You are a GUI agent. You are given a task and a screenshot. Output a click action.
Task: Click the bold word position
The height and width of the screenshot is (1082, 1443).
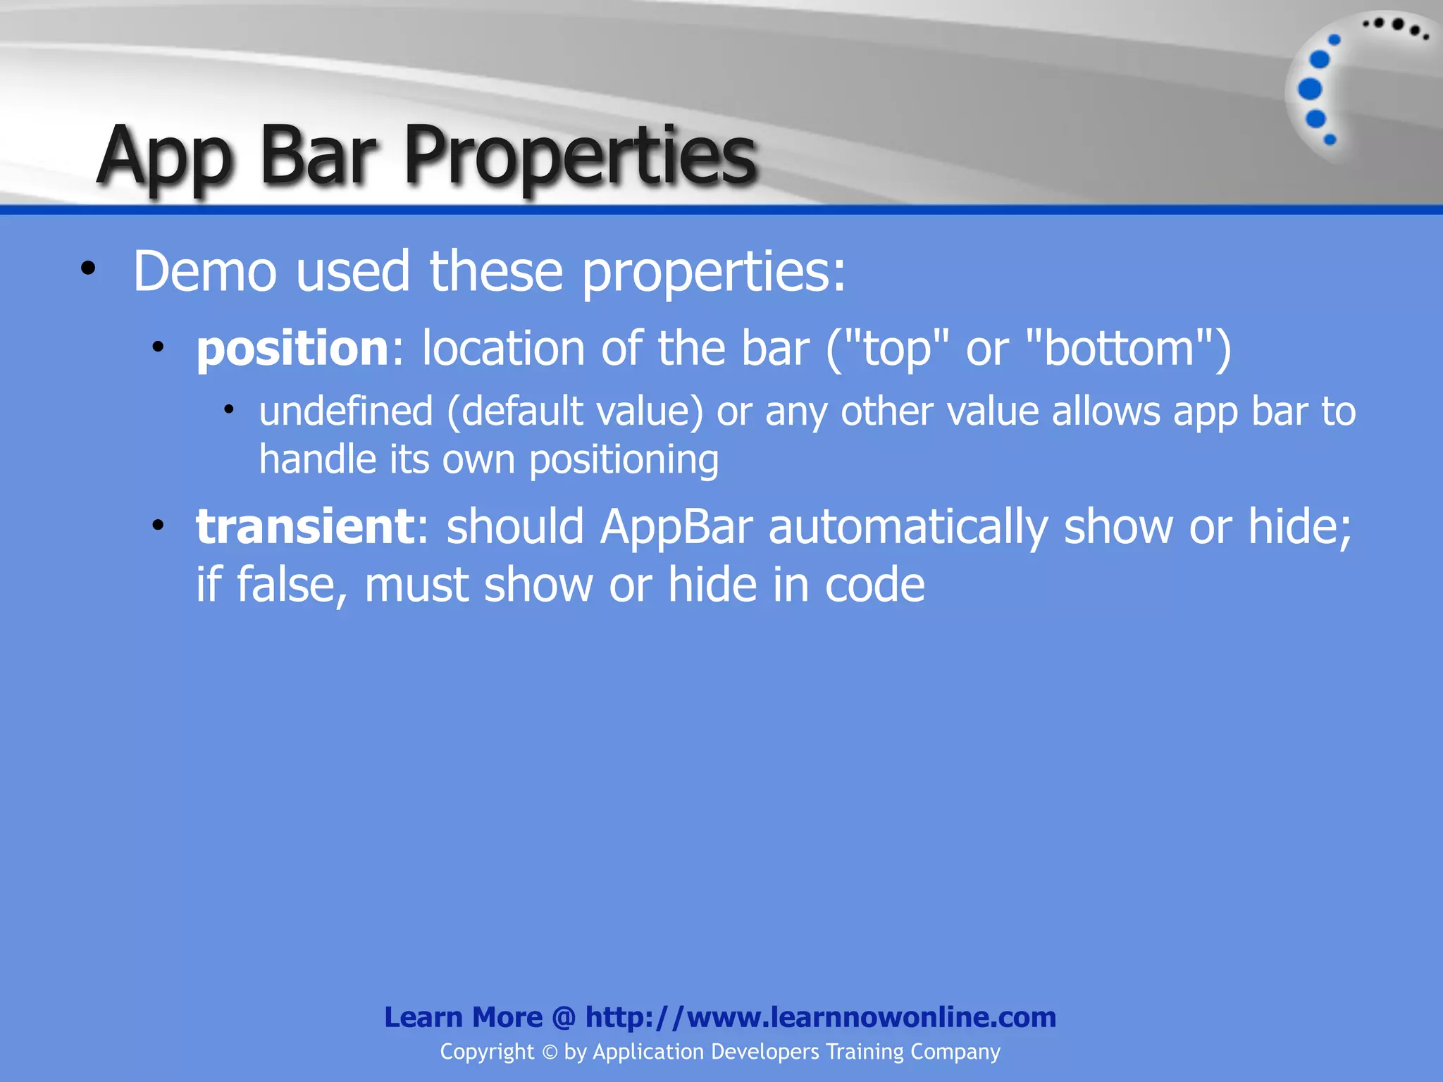point(292,349)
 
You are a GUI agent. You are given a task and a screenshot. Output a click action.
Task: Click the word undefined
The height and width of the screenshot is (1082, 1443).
point(345,411)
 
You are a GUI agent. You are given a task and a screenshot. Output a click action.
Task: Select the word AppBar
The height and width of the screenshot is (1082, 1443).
point(676,526)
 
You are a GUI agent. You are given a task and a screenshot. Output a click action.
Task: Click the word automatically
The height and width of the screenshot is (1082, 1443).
point(908,526)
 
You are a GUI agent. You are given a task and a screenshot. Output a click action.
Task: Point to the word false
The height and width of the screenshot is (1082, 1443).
point(292,585)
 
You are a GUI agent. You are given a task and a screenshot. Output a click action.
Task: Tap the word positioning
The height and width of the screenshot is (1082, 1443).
point(624,461)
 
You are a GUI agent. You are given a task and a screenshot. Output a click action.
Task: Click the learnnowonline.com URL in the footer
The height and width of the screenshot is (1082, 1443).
point(820,1017)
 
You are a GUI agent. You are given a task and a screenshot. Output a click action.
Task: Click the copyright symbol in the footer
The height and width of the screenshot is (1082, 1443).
point(550,1052)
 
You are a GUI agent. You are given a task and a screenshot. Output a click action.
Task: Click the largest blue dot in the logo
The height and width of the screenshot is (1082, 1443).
point(1310,89)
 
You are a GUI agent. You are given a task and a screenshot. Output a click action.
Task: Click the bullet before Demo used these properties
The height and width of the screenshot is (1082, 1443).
point(88,268)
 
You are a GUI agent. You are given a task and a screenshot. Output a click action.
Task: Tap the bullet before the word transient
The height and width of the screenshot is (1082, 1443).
point(159,525)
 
